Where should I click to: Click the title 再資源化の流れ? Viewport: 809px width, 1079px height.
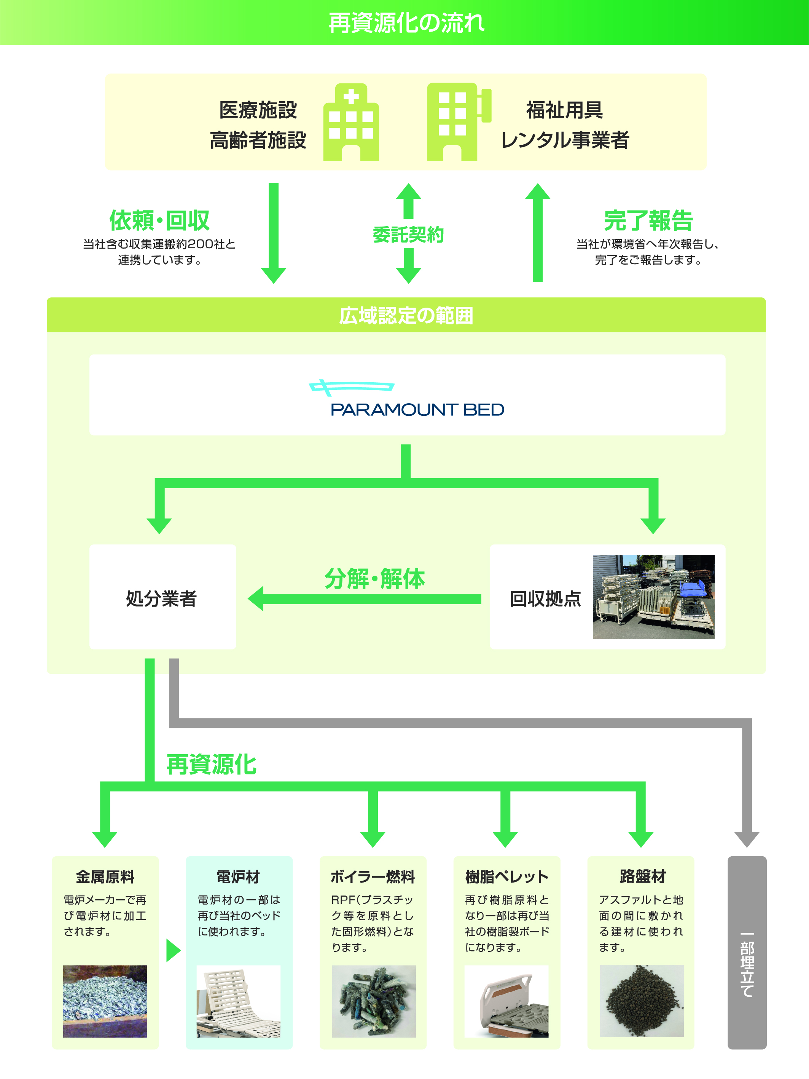click(406, 23)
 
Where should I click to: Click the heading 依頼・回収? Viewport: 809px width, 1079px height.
click(159, 220)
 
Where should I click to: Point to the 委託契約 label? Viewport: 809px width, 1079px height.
click(408, 235)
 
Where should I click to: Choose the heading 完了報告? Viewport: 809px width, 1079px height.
click(648, 220)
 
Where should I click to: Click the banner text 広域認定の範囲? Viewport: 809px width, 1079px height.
click(406, 316)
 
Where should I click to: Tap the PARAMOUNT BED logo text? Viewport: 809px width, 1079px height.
click(417, 409)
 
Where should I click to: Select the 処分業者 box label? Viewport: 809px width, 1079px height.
click(161, 599)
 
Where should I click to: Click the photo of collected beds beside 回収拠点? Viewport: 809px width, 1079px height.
click(653, 597)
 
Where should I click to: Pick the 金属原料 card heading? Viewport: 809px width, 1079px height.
click(105, 876)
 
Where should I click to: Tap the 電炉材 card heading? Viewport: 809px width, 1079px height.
click(239, 876)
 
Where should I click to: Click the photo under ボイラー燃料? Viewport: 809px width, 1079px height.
click(374, 1001)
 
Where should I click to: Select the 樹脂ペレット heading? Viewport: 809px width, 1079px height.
click(506, 876)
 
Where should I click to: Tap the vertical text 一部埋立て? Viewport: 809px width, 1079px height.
click(747, 965)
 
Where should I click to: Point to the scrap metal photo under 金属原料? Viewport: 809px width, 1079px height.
click(105, 1001)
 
